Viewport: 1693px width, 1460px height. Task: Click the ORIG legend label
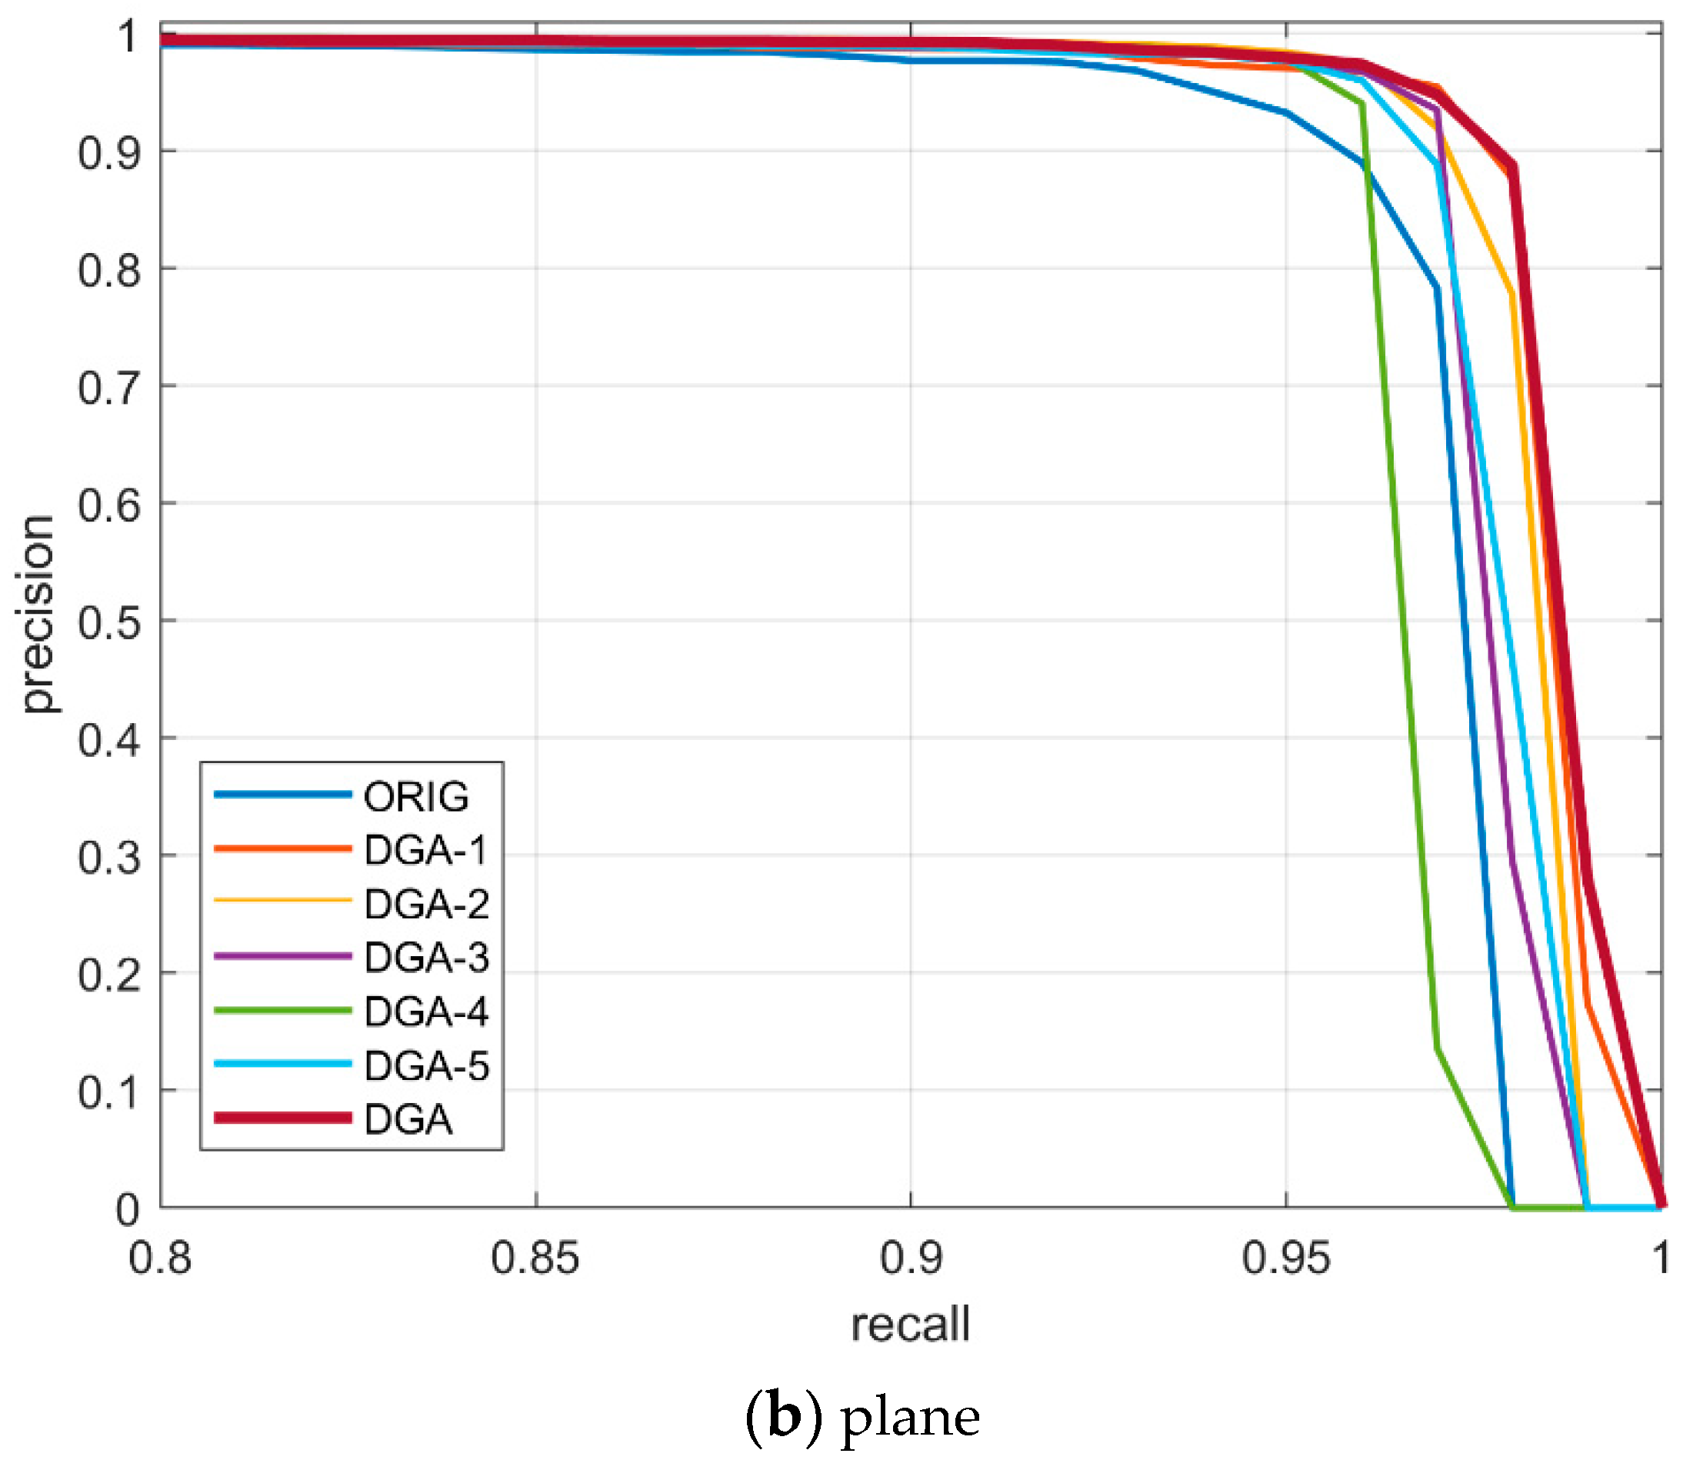point(416,797)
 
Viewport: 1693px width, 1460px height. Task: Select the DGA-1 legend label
point(425,851)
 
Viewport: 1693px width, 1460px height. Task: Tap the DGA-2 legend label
point(426,904)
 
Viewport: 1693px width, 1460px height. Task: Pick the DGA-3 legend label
point(426,958)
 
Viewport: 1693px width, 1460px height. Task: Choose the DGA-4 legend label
point(426,1012)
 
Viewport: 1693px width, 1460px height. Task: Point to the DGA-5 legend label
point(426,1065)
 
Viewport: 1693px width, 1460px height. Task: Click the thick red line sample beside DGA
point(283,1118)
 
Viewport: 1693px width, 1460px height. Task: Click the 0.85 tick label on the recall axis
point(535,1258)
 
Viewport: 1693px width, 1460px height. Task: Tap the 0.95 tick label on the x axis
point(1285,1258)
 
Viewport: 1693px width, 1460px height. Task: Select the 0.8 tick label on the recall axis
point(160,1258)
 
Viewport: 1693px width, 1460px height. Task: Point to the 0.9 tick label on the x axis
point(910,1258)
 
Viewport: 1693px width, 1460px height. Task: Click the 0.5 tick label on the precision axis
point(108,622)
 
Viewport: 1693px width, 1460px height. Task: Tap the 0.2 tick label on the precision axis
point(108,975)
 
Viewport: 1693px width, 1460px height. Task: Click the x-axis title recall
point(910,1325)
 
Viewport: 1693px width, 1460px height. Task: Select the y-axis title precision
point(37,615)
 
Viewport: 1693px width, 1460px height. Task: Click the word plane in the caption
point(910,1418)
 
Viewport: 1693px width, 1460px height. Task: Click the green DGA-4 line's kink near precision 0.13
point(1438,1048)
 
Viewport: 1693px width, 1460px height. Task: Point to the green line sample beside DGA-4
point(283,1011)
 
